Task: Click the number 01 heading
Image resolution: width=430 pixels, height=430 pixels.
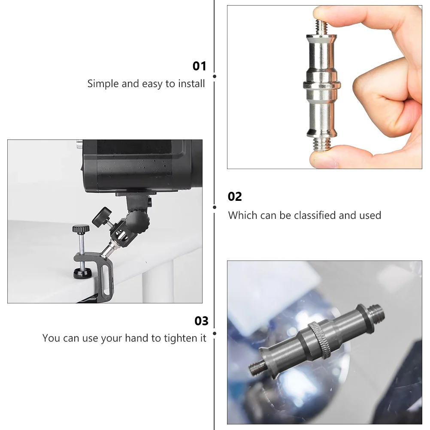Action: [x=200, y=66]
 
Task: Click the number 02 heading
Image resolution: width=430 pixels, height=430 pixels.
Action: [x=235, y=197]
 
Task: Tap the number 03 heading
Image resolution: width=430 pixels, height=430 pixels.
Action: [x=201, y=321]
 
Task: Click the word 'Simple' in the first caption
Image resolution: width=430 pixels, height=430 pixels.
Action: [x=103, y=84]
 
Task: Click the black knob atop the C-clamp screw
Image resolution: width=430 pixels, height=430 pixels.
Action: [x=80, y=228]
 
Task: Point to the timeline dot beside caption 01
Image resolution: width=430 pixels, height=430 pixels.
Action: [x=215, y=76]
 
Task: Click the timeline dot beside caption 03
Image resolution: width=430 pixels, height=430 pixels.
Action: [x=215, y=333]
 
